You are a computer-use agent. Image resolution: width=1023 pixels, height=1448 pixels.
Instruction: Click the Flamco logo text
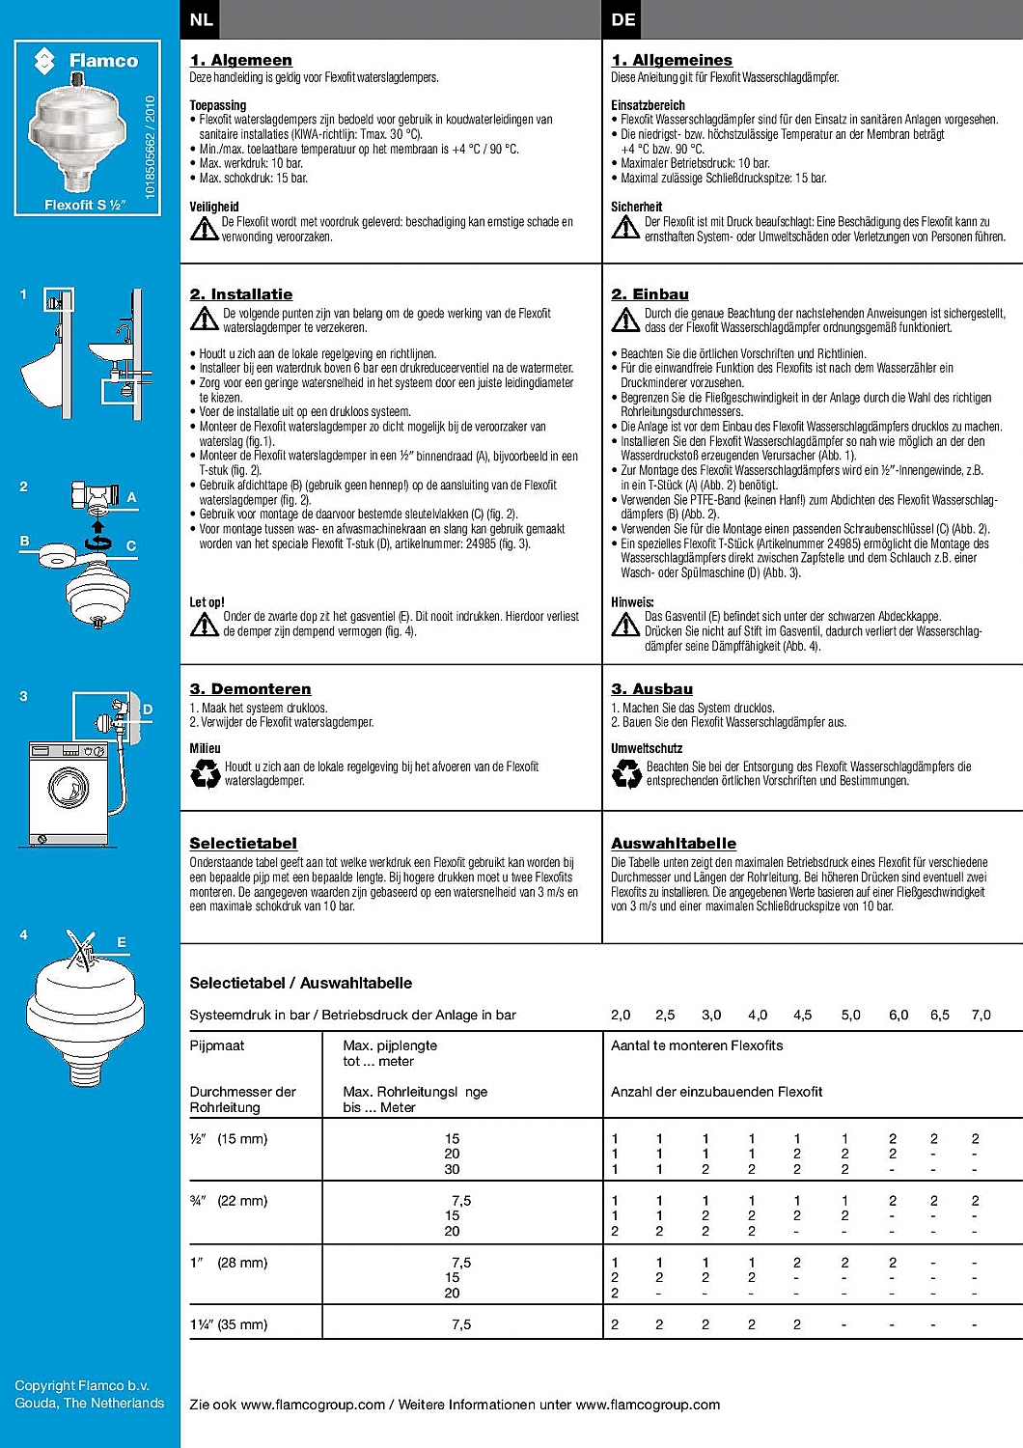click(x=103, y=61)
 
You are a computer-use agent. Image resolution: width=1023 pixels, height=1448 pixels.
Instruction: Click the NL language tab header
click(x=201, y=19)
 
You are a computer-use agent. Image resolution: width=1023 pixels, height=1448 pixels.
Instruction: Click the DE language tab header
click(x=623, y=19)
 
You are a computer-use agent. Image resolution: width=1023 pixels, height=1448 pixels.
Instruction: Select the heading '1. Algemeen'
click(x=240, y=60)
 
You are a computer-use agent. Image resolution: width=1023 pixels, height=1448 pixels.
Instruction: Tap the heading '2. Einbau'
click(x=650, y=294)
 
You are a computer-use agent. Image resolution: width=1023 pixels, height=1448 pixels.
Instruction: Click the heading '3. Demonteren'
click(x=250, y=689)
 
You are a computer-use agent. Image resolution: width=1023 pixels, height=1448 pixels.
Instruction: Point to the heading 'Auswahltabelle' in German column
click(x=673, y=844)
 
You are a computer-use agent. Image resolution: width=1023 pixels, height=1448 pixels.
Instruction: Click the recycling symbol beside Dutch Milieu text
click(x=205, y=773)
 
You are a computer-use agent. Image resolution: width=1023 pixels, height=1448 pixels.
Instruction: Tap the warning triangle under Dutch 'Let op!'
click(x=204, y=625)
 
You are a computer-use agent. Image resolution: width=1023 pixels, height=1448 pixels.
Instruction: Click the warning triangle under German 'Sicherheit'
click(x=625, y=228)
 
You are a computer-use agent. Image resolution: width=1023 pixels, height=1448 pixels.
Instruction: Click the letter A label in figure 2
click(x=132, y=497)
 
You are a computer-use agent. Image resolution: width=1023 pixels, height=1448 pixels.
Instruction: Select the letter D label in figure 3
click(x=148, y=710)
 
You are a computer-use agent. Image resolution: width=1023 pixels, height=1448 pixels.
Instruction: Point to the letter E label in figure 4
click(x=122, y=942)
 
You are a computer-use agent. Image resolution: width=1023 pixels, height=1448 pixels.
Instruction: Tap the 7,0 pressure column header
click(x=981, y=1015)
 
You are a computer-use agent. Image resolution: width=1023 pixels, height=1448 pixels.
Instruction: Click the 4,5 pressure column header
click(x=802, y=1015)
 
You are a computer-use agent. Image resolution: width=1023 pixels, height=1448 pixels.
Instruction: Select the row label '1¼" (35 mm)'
click(x=229, y=1324)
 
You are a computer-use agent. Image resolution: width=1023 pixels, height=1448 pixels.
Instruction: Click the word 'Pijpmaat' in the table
click(x=217, y=1045)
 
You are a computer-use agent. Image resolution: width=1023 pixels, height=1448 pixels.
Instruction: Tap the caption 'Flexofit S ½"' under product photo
click(x=85, y=205)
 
